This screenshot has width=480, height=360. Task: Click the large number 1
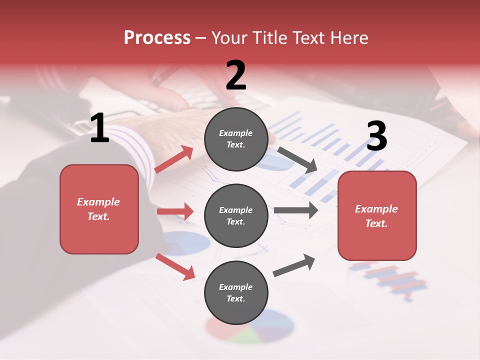pyautogui.click(x=99, y=128)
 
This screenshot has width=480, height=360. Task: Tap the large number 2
pyautogui.click(x=236, y=75)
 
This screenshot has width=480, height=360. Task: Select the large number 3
pyautogui.click(x=376, y=136)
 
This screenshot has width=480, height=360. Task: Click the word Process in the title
pyautogui.click(x=157, y=37)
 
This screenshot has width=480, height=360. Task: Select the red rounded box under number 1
pyautogui.click(x=99, y=209)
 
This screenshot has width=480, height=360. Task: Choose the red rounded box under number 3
pyautogui.click(x=377, y=215)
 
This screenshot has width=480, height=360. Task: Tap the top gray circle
pyautogui.click(x=236, y=139)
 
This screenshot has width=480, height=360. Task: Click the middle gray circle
pyautogui.click(x=236, y=215)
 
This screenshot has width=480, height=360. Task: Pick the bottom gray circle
pyautogui.click(x=236, y=292)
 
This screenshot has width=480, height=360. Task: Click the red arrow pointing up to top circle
pyautogui.click(x=174, y=159)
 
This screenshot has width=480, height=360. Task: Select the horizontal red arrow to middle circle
pyautogui.click(x=175, y=211)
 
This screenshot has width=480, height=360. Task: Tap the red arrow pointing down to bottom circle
pyautogui.click(x=175, y=266)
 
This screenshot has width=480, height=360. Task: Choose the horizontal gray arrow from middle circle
pyautogui.click(x=296, y=210)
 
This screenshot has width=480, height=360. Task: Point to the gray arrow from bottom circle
pyautogui.click(x=294, y=265)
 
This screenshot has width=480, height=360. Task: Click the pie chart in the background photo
pyautogui.click(x=250, y=327)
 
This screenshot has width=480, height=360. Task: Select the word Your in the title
pyautogui.click(x=229, y=37)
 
